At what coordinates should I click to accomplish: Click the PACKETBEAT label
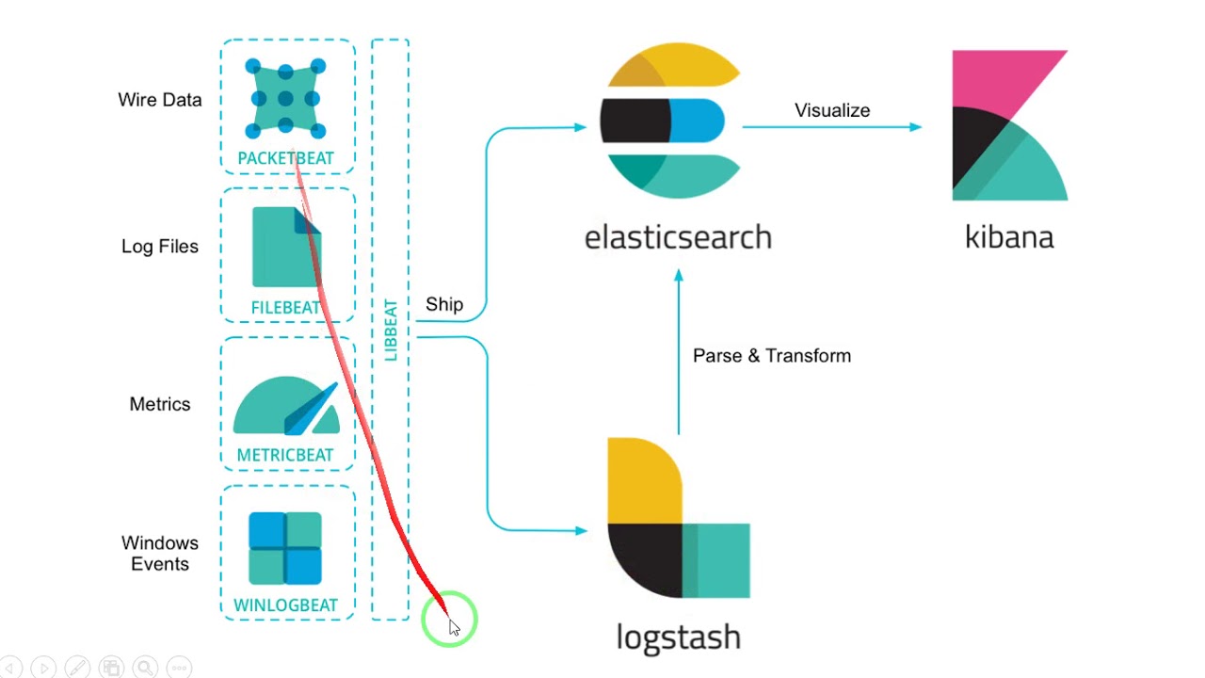(285, 158)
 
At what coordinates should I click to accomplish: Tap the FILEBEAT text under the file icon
(285, 308)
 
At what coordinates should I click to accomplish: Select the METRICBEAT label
(285, 455)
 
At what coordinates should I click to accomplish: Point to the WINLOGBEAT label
(285, 605)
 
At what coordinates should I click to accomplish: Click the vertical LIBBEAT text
(391, 331)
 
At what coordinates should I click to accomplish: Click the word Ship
(444, 304)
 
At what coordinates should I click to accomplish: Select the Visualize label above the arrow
(832, 110)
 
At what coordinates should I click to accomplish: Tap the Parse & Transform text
(772, 356)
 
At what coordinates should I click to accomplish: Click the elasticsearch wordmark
(678, 236)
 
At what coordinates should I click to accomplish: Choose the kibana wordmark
(1009, 236)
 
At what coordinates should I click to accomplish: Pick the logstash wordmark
(678, 637)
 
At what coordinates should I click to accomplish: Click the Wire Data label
(160, 100)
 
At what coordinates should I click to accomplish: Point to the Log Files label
(160, 247)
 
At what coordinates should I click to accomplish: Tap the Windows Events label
(160, 554)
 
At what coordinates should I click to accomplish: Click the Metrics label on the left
(160, 404)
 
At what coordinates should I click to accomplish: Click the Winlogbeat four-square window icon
(285, 548)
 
